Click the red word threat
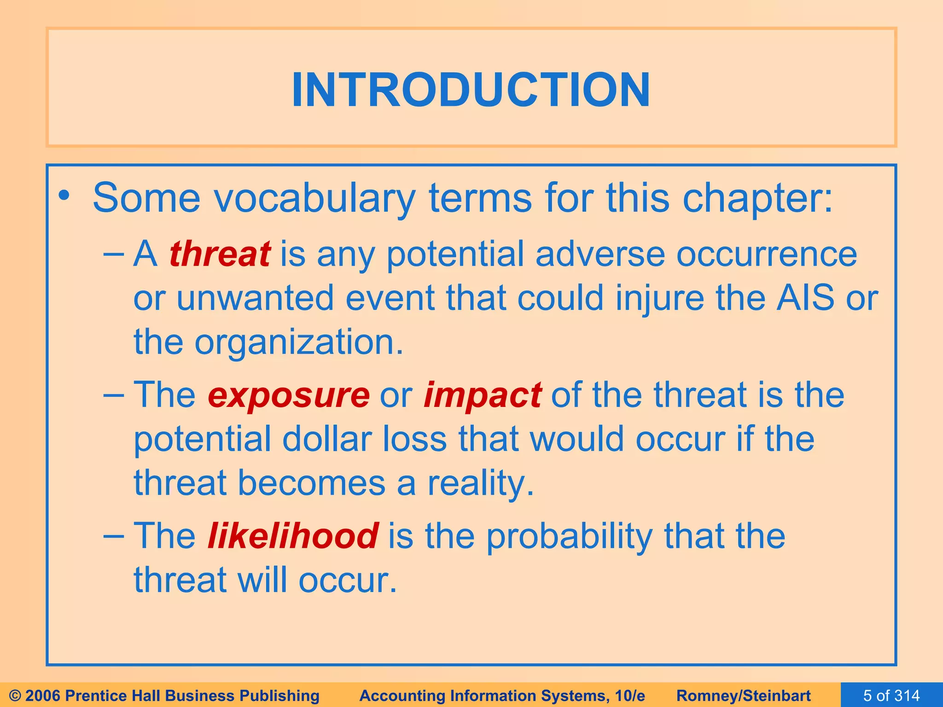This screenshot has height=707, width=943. tap(220, 254)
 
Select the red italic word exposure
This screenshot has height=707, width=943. tap(288, 395)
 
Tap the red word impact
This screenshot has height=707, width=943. tap(482, 395)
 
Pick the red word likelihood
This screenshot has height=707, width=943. tap(293, 536)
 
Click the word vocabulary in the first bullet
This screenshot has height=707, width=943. tap(315, 198)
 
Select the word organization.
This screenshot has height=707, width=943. tap(298, 342)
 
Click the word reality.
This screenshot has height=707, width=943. tap(481, 483)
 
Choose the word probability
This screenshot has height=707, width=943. tap(569, 536)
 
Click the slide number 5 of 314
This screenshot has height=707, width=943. tap(891, 695)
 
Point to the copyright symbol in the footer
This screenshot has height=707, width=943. tap(15, 695)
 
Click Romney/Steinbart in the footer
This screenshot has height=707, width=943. tap(743, 695)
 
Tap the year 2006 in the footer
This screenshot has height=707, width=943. tap(44, 695)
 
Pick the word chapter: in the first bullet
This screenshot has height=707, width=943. tap(757, 198)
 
